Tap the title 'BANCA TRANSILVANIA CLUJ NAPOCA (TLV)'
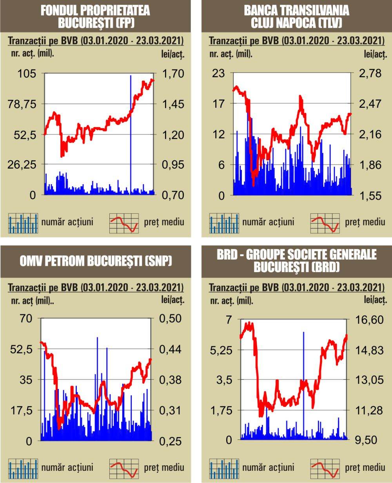pyautogui.click(x=297, y=16)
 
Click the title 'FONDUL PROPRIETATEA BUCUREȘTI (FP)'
pyautogui.click(x=95, y=16)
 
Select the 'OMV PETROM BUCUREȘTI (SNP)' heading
pyautogui.click(x=95, y=261)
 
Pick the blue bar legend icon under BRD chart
pyautogui.click(x=224, y=468)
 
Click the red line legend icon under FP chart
pyautogui.click(x=123, y=223)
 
